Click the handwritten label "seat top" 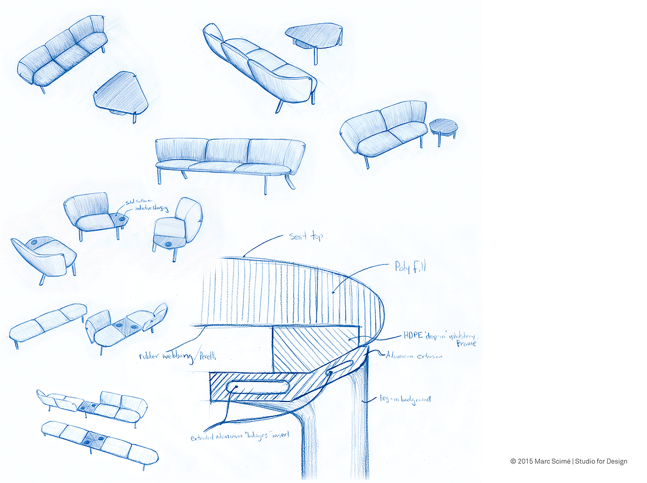[306, 236]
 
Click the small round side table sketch [444, 127]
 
